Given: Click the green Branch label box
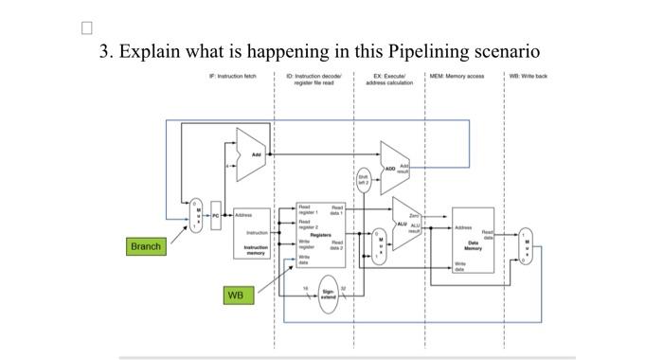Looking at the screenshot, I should tap(146, 246).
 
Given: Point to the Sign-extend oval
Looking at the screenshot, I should tap(328, 297).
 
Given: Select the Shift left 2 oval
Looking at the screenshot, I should tap(363, 179).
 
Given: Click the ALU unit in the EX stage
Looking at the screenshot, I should tap(405, 224).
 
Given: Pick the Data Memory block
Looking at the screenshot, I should tap(473, 242).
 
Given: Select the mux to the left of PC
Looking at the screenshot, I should tap(197, 217).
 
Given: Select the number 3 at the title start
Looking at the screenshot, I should tap(106, 51).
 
